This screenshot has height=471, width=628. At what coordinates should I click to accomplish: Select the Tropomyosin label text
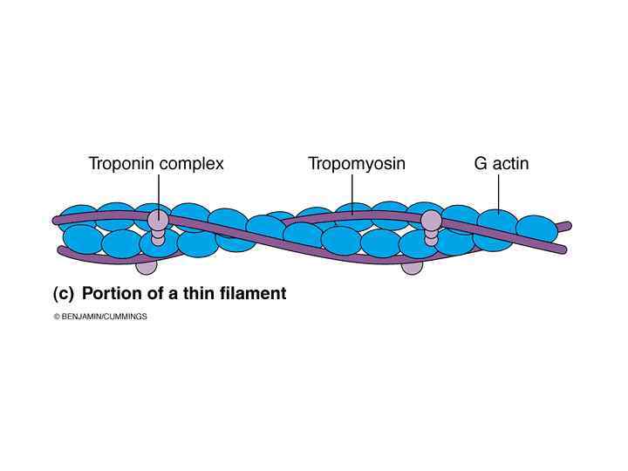(x=356, y=163)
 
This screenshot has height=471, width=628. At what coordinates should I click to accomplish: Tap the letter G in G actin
(x=481, y=163)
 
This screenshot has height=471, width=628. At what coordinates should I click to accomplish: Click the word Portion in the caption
(x=111, y=294)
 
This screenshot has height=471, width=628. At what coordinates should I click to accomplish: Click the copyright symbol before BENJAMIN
(x=56, y=317)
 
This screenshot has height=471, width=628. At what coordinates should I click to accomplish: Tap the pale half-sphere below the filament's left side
(x=147, y=264)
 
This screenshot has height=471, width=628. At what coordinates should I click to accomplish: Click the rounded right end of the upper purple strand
(x=569, y=225)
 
